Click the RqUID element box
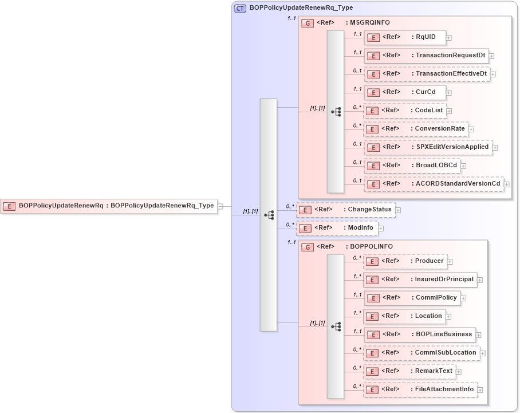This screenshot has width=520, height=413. pyautogui.click(x=404, y=37)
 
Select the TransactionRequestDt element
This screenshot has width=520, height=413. pyautogui.click(x=426, y=56)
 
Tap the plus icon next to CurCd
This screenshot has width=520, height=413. pyautogui.click(x=449, y=92)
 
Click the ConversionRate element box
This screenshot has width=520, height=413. pyautogui.click(x=416, y=129)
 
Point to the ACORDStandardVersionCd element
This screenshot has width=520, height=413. pyautogui.click(x=434, y=184)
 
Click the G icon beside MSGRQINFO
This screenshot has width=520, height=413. pyautogui.click(x=308, y=23)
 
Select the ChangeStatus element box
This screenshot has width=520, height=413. pyautogui.click(x=345, y=210)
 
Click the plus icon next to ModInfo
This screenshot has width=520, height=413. pyautogui.click(x=380, y=229)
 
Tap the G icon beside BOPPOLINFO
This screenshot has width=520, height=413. pyautogui.click(x=308, y=247)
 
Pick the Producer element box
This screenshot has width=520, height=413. pyautogui.click(x=405, y=261)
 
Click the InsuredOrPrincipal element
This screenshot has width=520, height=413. pyautogui.click(x=420, y=280)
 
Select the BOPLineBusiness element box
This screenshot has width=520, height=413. pyautogui.click(x=419, y=335)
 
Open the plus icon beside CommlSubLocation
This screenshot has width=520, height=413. pyautogui.click(x=483, y=353)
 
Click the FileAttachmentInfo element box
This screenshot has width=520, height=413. pyautogui.click(x=420, y=390)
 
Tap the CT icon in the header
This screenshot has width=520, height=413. pyautogui.click(x=241, y=8)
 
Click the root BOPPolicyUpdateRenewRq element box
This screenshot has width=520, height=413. pyautogui.click(x=109, y=206)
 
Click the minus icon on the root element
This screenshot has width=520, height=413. pyautogui.click(x=221, y=206)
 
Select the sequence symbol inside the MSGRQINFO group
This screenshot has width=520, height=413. pyautogui.click(x=336, y=112)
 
